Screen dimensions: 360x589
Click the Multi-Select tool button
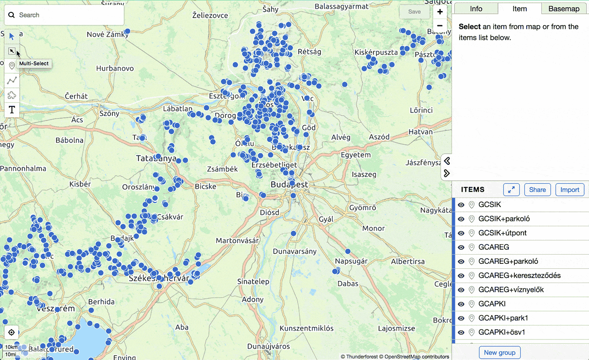click(x=12, y=51)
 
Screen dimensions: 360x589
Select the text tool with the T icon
click(x=12, y=109)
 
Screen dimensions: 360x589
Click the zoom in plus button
click(x=440, y=12)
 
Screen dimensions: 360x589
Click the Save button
click(x=414, y=12)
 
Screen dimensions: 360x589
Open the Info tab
click(x=476, y=9)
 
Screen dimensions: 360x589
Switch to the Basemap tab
click(x=564, y=9)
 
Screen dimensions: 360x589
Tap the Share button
click(x=537, y=190)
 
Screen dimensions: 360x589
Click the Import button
click(x=570, y=190)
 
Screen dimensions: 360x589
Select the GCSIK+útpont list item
click(x=502, y=233)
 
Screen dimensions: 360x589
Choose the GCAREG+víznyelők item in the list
click(x=511, y=290)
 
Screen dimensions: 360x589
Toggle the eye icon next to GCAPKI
click(x=461, y=304)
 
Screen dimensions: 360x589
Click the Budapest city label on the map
click(x=289, y=185)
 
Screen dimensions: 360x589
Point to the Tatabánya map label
click(x=156, y=158)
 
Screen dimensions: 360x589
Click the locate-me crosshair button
click(x=12, y=333)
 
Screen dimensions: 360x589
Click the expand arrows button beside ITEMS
click(x=511, y=190)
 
